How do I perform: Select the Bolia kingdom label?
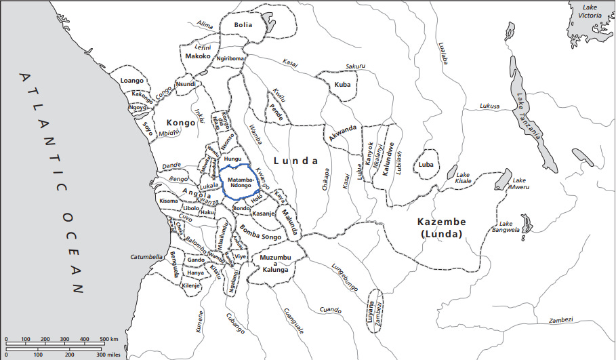point(243,25)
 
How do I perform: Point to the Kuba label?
point(342,85)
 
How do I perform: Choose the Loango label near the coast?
point(131,81)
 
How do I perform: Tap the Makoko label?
point(197,57)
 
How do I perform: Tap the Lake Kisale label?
point(463,178)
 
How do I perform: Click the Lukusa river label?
point(489,106)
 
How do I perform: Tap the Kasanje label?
point(262,214)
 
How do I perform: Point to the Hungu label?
point(232,159)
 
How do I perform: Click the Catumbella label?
point(148,257)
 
